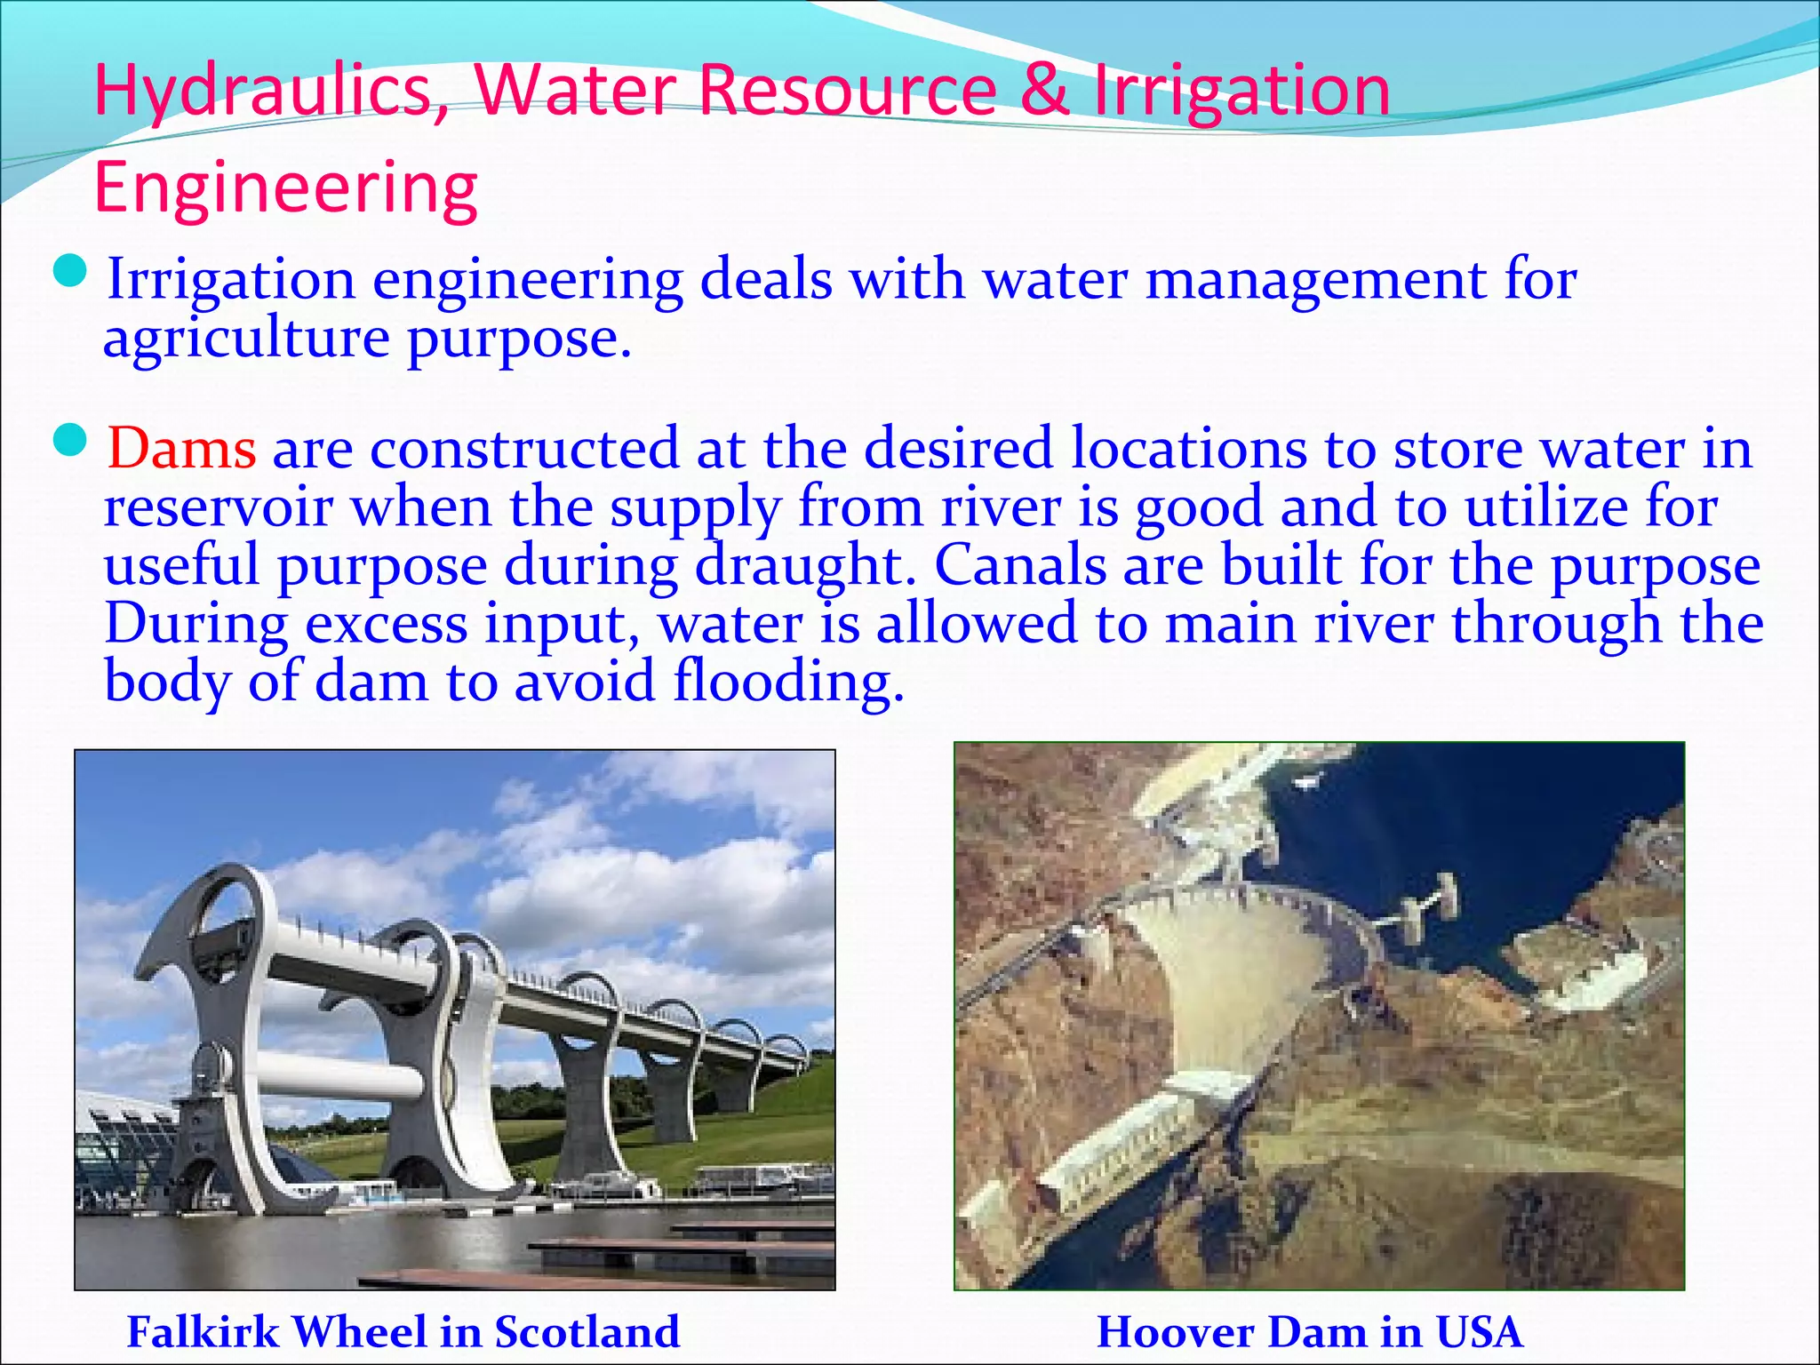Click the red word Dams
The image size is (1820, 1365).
[182, 448]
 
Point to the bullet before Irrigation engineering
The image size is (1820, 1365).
[70, 271]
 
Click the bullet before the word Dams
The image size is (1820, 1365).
[70, 440]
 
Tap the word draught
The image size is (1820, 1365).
[804, 566]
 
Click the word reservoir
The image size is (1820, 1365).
[219, 507]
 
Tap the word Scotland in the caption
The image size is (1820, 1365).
[587, 1331]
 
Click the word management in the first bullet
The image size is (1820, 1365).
[1316, 280]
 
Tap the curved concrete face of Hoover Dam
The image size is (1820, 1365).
[1235, 986]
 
